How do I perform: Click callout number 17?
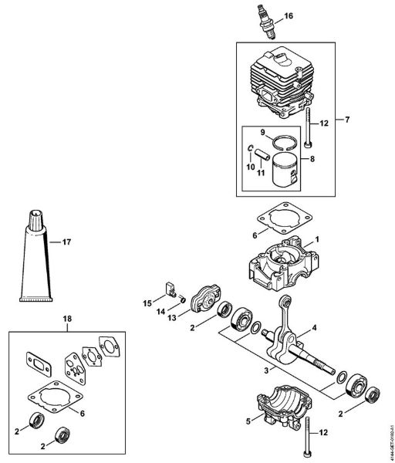66,242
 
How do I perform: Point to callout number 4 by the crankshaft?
316,328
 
